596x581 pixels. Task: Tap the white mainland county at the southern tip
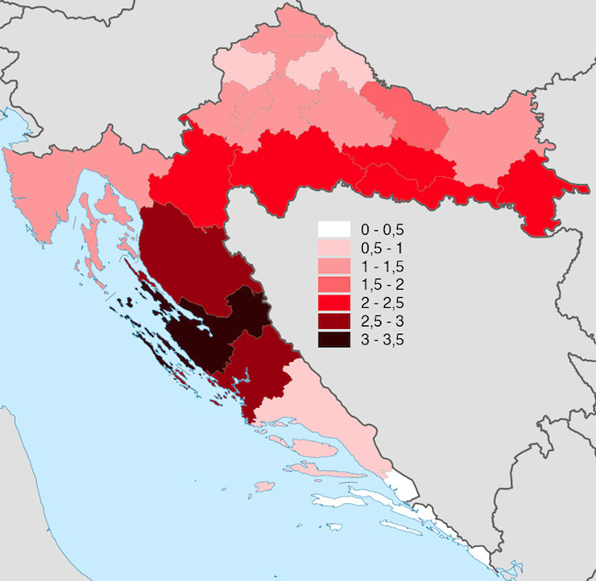coord(403,485)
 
